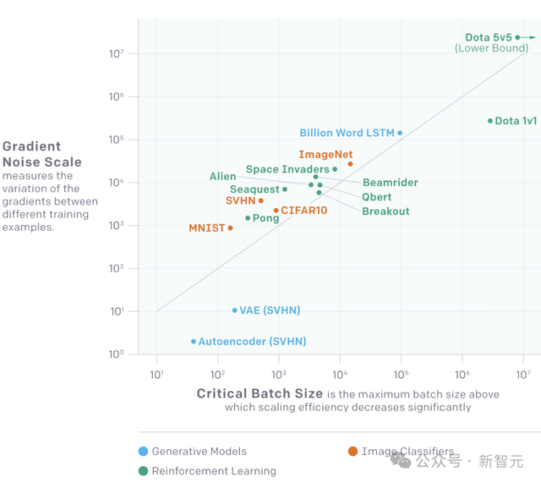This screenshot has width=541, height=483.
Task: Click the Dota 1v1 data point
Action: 490,121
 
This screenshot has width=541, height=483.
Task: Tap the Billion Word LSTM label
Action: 347,133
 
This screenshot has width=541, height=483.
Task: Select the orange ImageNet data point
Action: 350,164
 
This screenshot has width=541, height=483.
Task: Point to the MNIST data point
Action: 230,228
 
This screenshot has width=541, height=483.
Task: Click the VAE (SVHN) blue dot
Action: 235,310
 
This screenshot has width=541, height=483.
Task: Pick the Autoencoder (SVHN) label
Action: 252,342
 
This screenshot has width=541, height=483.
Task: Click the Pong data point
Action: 248,218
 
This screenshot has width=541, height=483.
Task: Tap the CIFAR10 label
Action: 303,210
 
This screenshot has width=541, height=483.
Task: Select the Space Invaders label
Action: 287,170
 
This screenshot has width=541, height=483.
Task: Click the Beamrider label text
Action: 390,183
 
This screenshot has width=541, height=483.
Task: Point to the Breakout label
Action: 385,211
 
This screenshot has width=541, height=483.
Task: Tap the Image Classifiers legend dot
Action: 352,452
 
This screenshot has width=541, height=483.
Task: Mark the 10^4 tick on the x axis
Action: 340,374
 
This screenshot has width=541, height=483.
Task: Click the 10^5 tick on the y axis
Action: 117,140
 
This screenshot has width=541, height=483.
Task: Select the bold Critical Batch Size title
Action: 260,394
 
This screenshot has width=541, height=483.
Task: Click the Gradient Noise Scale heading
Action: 42,154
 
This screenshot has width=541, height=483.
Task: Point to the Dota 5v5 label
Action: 489,37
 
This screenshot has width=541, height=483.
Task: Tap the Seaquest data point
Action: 285,189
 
